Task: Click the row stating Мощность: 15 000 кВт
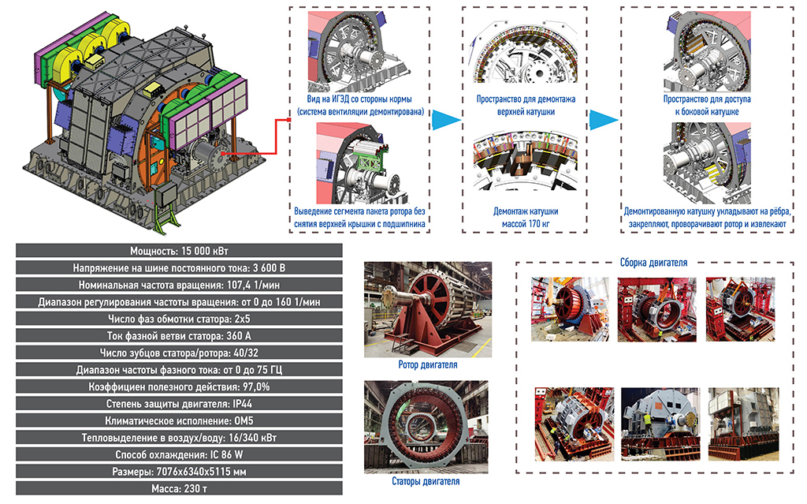point(177,250)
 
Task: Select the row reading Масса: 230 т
point(177,489)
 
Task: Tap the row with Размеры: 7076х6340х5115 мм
point(177,472)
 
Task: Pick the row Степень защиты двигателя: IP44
point(177,404)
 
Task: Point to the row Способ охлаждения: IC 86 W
point(177,455)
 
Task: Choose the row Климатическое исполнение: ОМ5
point(177,421)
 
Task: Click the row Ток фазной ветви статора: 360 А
point(177,336)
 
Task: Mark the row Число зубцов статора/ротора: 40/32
point(177,353)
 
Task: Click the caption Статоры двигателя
point(426,480)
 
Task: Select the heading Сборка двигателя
point(653,263)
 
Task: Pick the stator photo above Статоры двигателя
point(426,425)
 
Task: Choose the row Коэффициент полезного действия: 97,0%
point(177,386)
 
